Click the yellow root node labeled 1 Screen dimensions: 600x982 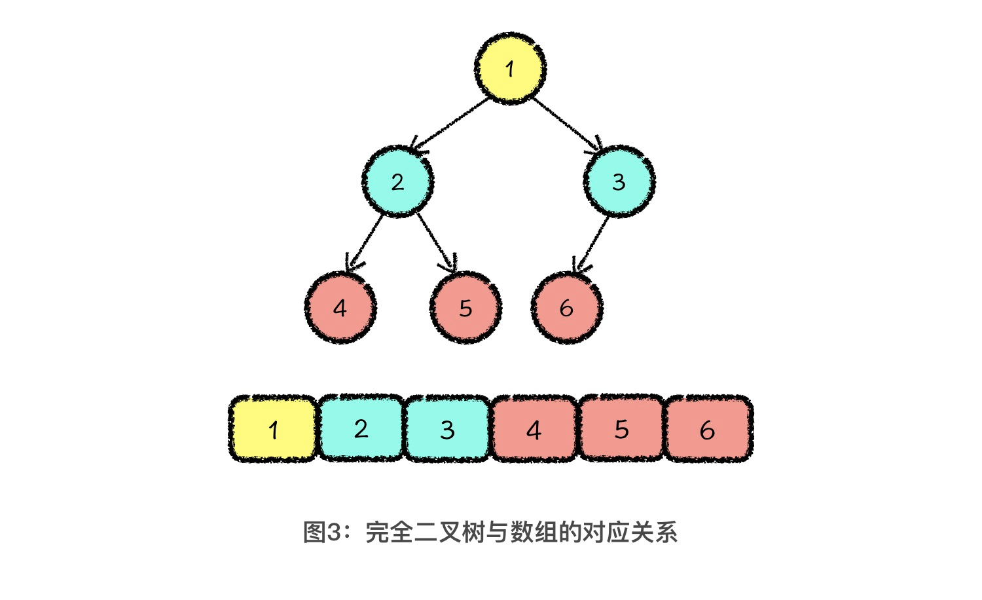[x=510, y=68]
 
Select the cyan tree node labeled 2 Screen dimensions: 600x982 [x=397, y=181]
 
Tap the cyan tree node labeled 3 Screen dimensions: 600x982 [x=619, y=181]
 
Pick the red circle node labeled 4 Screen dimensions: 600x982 [x=340, y=308]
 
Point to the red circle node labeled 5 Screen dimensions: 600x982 [x=465, y=308]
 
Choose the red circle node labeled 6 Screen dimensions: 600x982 [x=566, y=308]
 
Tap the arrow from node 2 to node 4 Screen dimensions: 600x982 [x=365, y=242]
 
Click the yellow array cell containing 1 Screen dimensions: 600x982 [x=273, y=429]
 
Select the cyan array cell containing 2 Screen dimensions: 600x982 [x=361, y=428]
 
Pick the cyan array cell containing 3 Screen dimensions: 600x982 [x=447, y=429]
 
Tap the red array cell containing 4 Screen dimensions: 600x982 [x=534, y=429]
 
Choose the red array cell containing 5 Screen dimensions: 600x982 [x=621, y=429]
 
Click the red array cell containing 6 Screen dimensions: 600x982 [x=708, y=429]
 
